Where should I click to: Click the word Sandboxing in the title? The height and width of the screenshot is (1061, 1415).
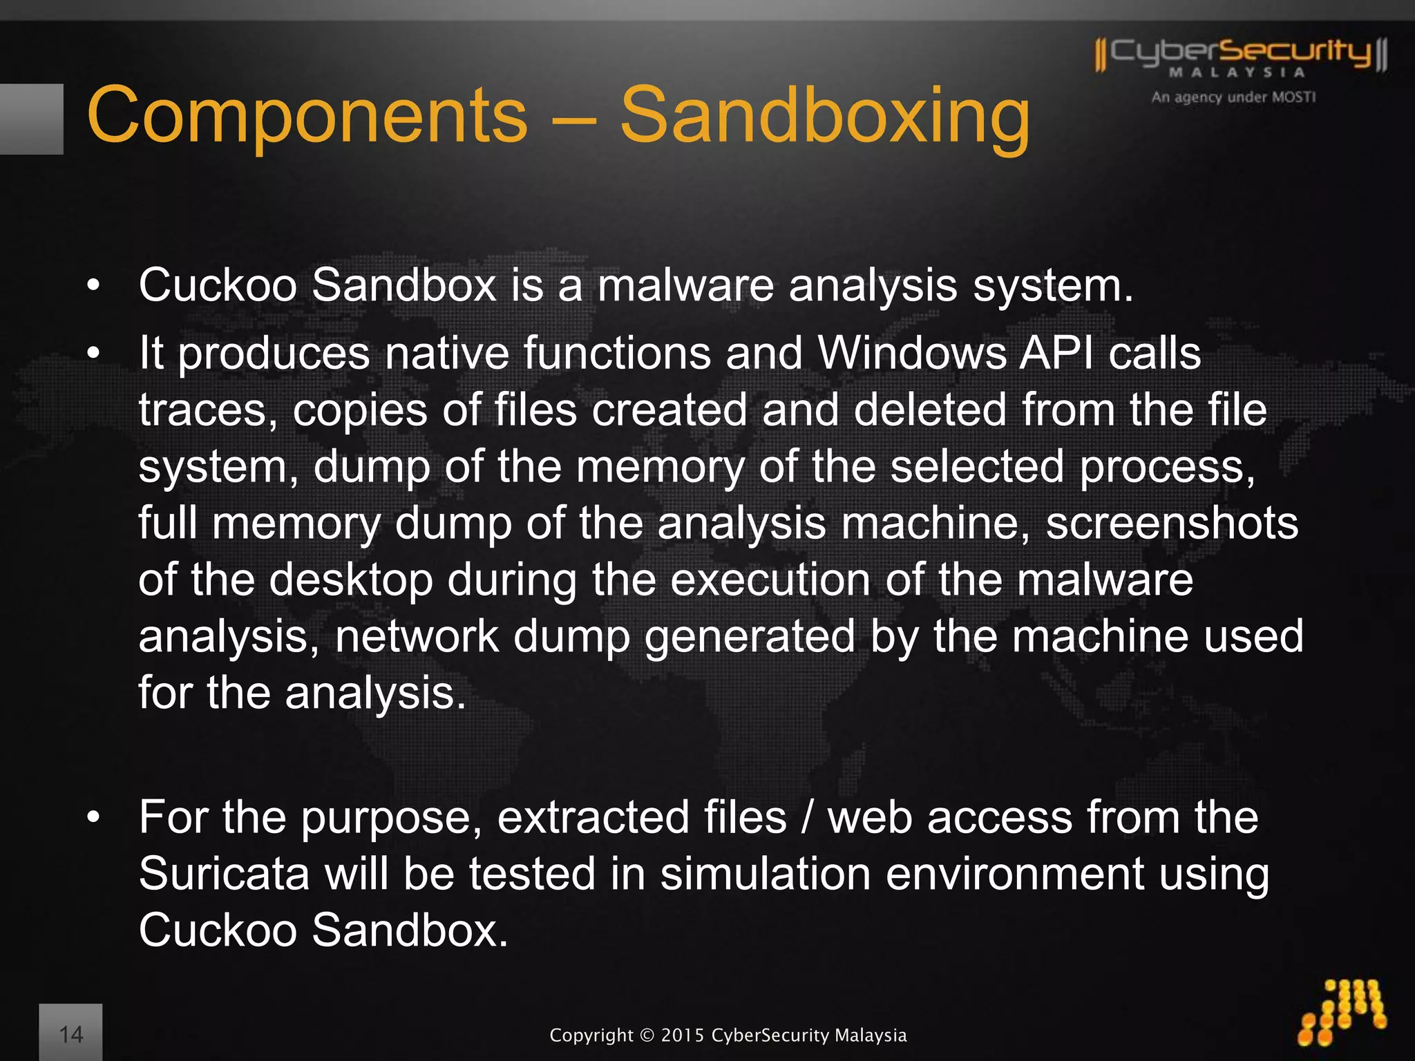click(x=824, y=116)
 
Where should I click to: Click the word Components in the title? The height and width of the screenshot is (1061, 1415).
click(x=307, y=116)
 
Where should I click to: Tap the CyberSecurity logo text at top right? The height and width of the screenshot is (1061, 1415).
click(x=1241, y=52)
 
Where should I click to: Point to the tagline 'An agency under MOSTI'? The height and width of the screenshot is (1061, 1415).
click(x=1233, y=97)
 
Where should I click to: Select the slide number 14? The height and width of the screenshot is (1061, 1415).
click(x=71, y=1034)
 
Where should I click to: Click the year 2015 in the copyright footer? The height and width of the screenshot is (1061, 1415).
click(x=683, y=1035)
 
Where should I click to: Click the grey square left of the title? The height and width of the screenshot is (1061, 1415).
click(x=31, y=119)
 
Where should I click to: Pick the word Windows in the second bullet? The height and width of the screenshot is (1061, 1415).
click(x=911, y=353)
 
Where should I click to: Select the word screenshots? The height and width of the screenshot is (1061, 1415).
click(x=1172, y=523)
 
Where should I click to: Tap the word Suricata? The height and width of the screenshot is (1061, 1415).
click(x=224, y=874)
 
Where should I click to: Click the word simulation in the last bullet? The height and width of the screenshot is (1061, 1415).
click(x=766, y=874)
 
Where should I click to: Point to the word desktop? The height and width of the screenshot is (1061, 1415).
click(x=351, y=580)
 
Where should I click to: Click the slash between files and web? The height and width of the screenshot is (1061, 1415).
click(x=807, y=818)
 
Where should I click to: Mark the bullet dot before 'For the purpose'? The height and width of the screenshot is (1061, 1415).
click(x=94, y=818)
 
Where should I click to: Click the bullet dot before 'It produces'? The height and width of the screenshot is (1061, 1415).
click(x=94, y=354)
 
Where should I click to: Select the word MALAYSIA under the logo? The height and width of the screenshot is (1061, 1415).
click(x=1237, y=73)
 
